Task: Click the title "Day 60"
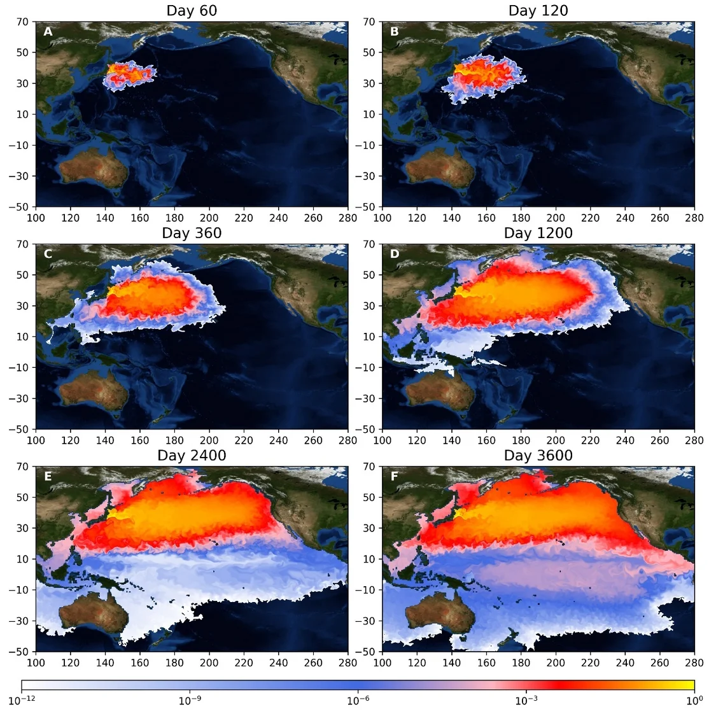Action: coord(192,11)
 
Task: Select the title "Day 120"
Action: coord(538,11)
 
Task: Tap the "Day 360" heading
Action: coord(192,233)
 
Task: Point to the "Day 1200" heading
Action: coord(538,233)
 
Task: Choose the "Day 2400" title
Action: coord(192,456)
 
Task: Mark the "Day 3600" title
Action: coord(538,456)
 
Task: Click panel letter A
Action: coord(48,31)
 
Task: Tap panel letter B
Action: coord(395,31)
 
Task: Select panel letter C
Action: coord(48,254)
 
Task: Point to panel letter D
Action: coord(395,254)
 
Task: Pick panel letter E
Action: coord(48,476)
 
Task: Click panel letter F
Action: coord(395,476)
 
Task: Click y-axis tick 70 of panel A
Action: coord(23,22)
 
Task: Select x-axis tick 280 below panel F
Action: coord(694,663)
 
